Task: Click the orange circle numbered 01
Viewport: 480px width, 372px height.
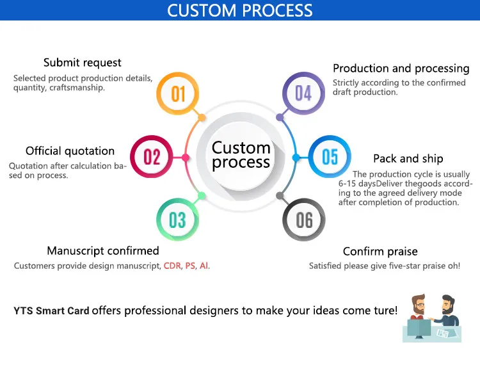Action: [178, 93]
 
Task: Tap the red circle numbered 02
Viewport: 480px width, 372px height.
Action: [152, 157]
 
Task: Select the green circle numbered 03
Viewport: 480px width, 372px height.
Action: [177, 220]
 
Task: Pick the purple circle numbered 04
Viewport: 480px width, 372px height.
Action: [303, 93]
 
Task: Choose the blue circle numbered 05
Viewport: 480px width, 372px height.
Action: [330, 157]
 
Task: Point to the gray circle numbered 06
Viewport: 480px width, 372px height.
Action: [304, 220]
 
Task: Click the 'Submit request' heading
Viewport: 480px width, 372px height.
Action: [82, 63]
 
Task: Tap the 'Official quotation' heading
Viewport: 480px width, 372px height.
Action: [70, 151]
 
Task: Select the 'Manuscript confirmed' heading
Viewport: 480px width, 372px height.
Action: [103, 250]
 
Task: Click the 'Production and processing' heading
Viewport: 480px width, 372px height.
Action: [401, 69]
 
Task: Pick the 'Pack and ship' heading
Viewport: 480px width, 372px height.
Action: [408, 158]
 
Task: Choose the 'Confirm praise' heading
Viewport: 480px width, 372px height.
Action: [380, 252]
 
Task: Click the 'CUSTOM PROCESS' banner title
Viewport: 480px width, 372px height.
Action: [240, 11]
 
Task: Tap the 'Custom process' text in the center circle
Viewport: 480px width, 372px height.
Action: [241, 155]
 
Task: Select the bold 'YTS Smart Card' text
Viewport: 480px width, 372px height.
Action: [51, 311]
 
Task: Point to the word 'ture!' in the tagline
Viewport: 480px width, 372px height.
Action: [382, 311]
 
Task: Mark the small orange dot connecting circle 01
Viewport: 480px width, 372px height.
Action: [202, 118]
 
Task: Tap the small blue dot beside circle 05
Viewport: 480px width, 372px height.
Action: [296, 157]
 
